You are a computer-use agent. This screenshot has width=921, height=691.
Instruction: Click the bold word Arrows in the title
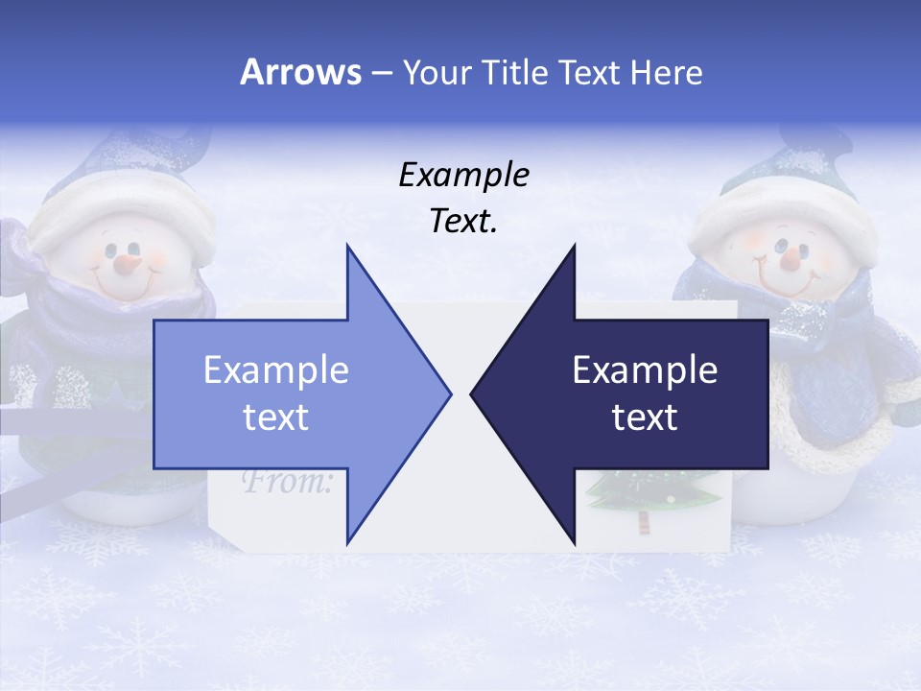[x=301, y=72]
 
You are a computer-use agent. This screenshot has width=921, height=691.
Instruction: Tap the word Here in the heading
[x=666, y=72]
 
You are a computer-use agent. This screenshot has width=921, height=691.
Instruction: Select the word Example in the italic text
[x=463, y=175]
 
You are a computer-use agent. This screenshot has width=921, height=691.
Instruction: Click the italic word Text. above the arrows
[x=463, y=221]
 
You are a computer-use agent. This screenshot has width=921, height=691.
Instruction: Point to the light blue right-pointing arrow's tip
[x=449, y=393]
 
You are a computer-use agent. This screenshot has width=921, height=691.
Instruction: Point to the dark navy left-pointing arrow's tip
[x=473, y=393]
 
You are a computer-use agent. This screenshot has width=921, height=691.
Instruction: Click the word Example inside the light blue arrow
[x=276, y=369]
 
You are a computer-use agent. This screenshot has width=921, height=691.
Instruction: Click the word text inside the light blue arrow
[x=276, y=417]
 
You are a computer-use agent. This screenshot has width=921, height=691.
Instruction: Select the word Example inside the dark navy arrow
[x=645, y=369]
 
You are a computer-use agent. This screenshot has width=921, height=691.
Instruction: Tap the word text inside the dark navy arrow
[x=645, y=417]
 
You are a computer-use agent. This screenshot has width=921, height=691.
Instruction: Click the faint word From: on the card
[x=287, y=480]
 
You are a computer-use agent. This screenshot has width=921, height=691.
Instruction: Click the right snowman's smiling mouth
[x=782, y=282]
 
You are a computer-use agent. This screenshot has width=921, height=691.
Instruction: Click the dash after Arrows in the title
[x=381, y=73]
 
